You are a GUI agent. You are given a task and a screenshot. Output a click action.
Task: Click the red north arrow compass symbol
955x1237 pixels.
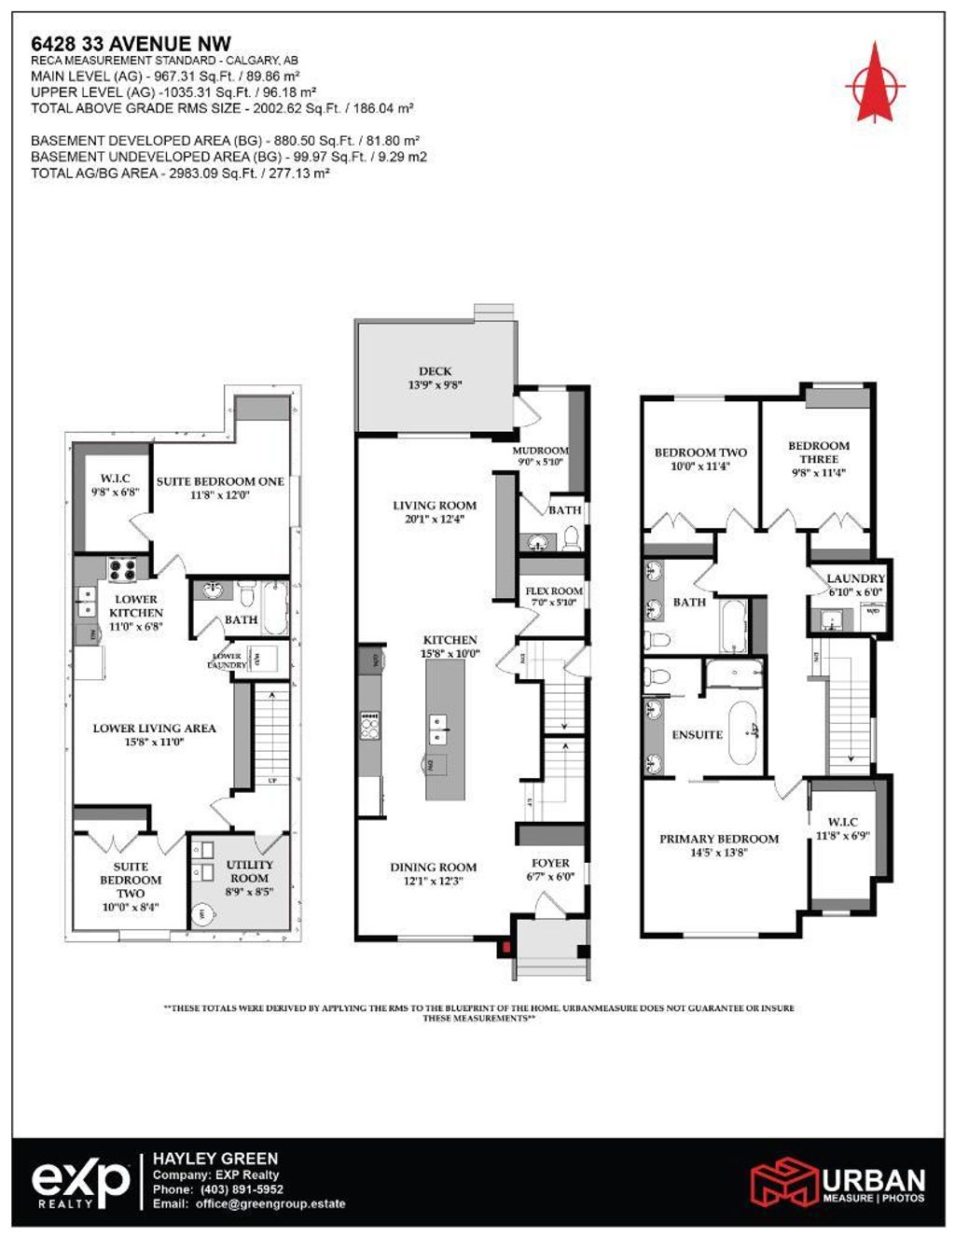[x=875, y=83]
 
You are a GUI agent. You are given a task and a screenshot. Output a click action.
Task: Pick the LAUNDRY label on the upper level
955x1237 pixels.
[x=855, y=579]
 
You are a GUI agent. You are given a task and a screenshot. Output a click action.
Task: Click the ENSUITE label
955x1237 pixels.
[x=698, y=735]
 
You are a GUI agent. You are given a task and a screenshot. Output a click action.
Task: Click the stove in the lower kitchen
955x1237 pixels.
[x=123, y=568]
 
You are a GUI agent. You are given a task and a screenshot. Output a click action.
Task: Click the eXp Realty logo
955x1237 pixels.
[x=82, y=1183]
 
